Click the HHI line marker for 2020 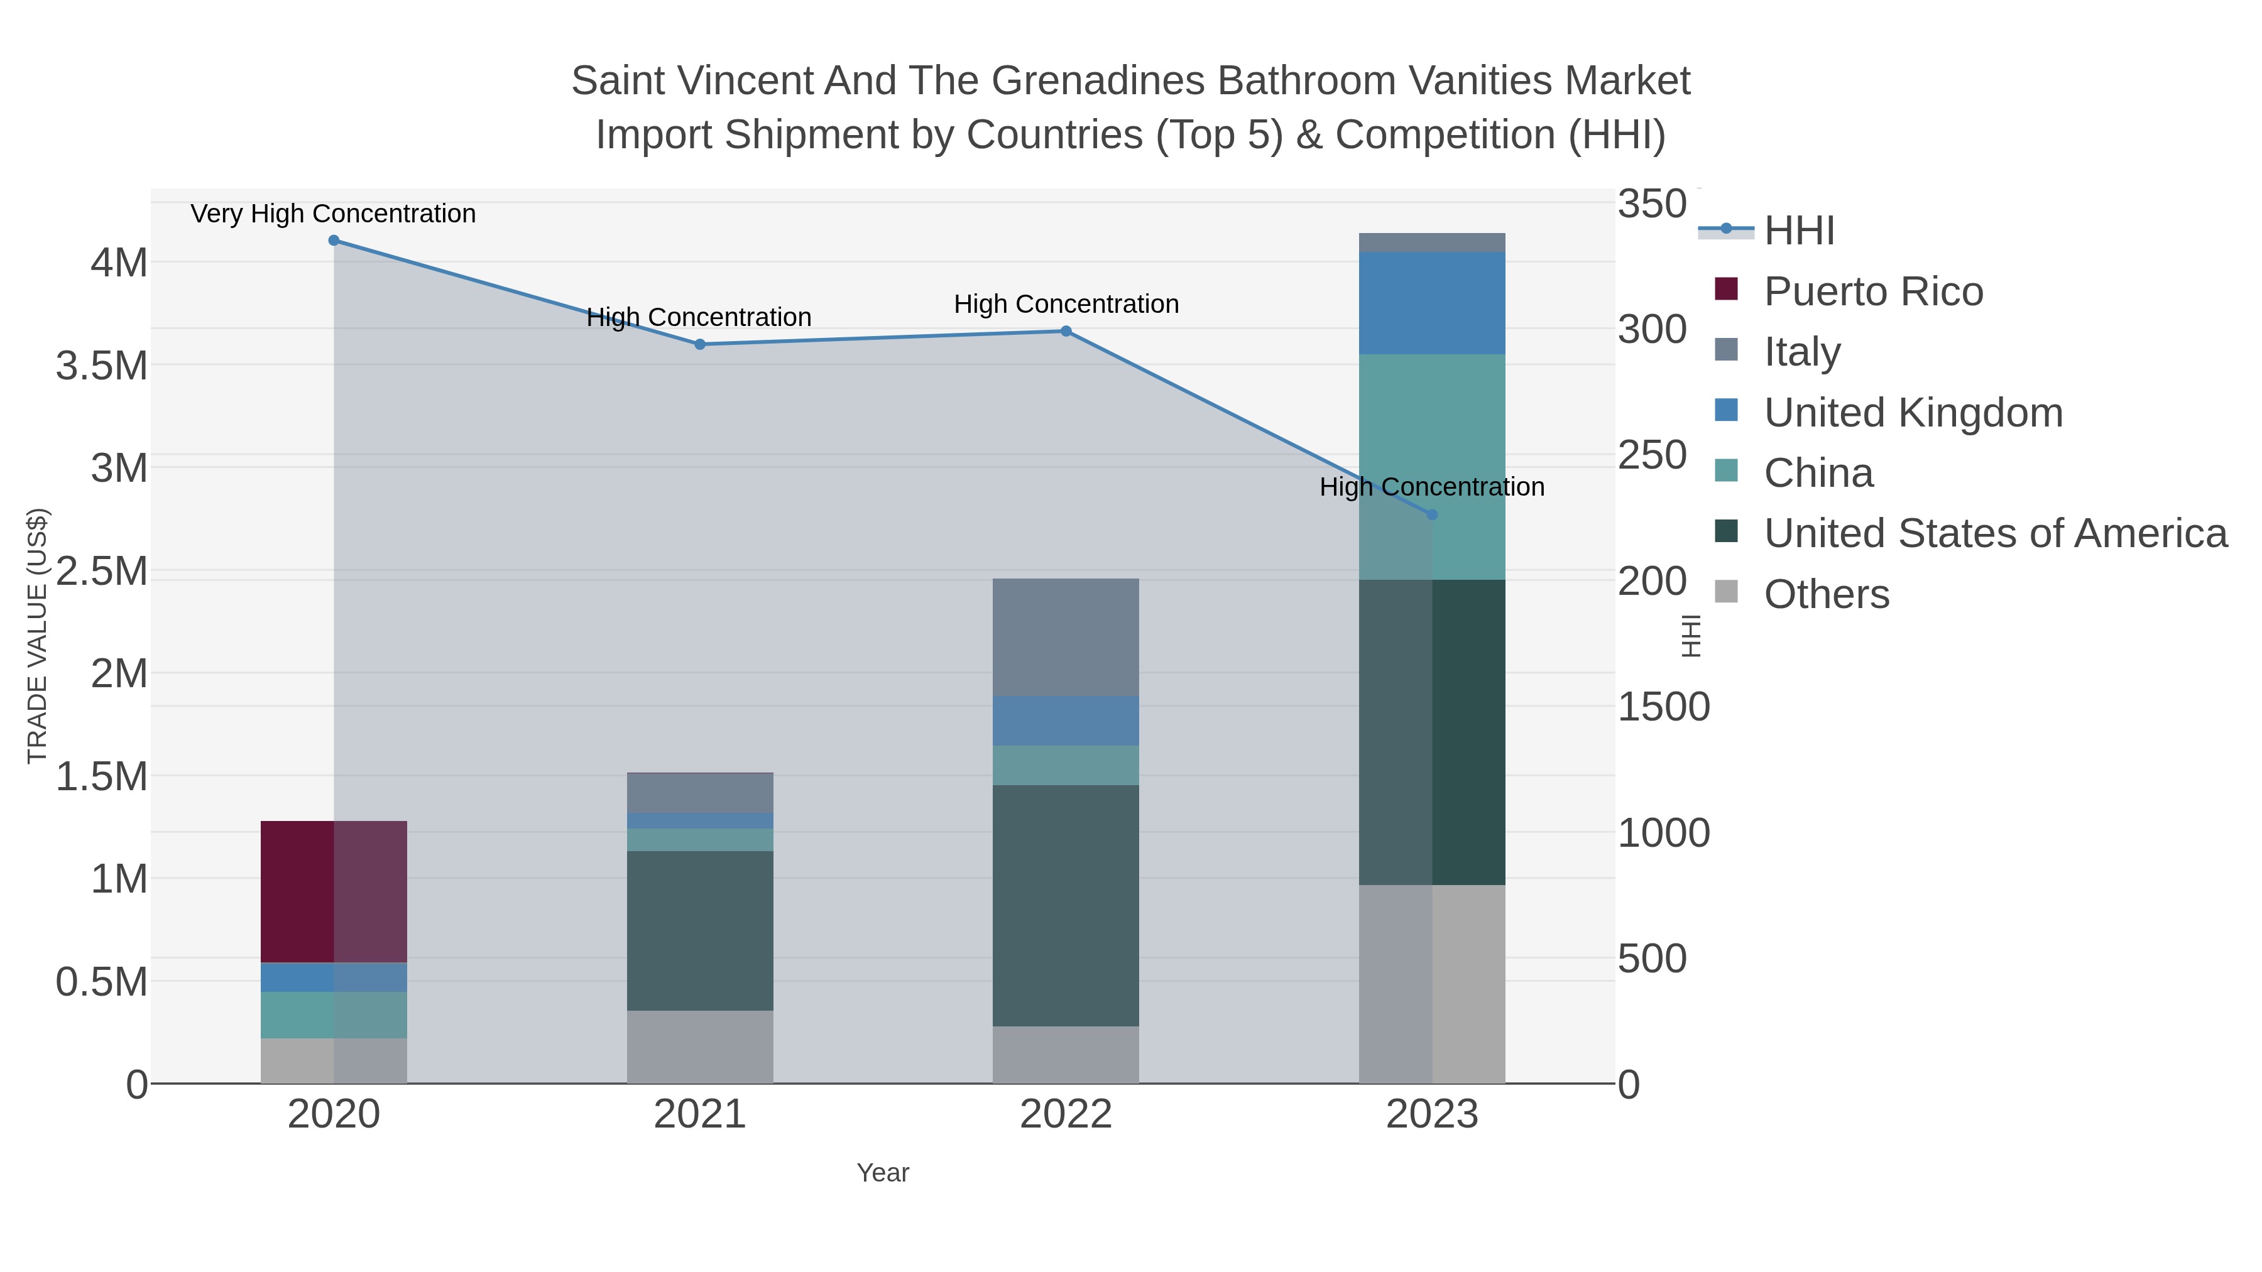pyautogui.click(x=334, y=241)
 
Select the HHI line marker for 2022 pyautogui.click(x=1066, y=331)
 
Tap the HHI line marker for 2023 pyautogui.click(x=1432, y=514)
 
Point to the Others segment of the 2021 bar pyautogui.click(x=700, y=1046)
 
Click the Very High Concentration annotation pyautogui.click(x=334, y=214)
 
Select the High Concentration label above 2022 pyautogui.click(x=1066, y=304)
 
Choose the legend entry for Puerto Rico pyautogui.click(x=1873, y=291)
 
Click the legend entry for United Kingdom pyautogui.click(x=1913, y=413)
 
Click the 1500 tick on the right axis pyautogui.click(x=1663, y=707)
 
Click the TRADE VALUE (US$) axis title pyautogui.click(x=38, y=636)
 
